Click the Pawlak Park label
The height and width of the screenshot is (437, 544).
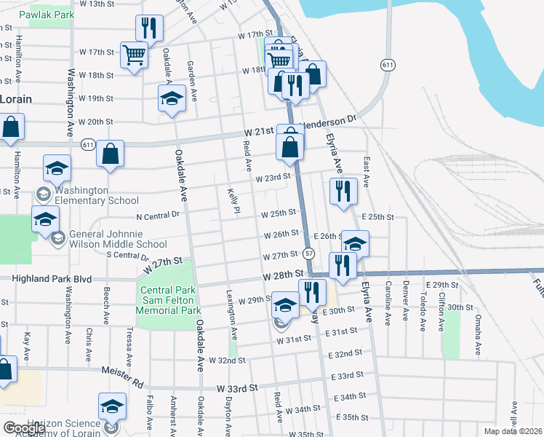47,15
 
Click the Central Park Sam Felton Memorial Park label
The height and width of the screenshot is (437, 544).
169,300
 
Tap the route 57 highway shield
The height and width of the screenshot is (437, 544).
309,253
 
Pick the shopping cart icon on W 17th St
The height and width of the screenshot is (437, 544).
135,55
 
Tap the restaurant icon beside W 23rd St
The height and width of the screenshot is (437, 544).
343,190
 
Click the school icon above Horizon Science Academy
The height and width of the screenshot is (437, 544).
112,406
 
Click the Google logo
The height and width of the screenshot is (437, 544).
23,428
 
